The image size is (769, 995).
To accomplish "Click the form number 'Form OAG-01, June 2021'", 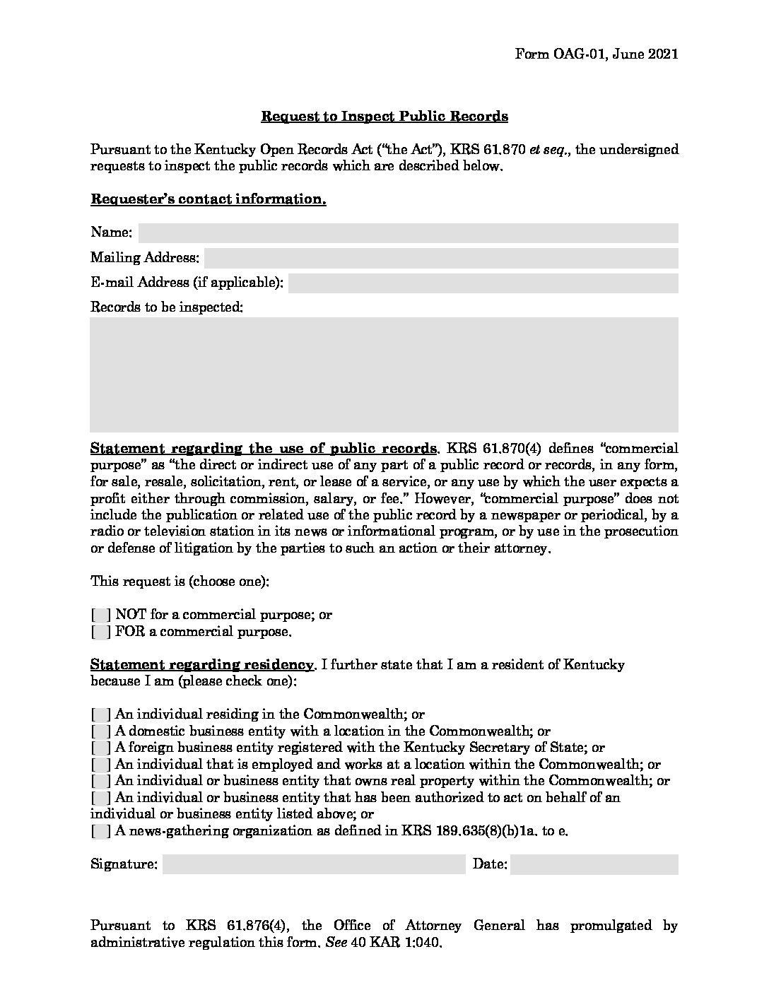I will coord(597,54).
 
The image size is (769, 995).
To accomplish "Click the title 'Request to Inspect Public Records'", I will coord(384,116).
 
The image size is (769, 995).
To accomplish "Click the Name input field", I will coord(408,232).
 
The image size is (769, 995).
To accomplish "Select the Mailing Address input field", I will coord(441,258).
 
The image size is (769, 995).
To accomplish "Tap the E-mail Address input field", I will coord(483,283).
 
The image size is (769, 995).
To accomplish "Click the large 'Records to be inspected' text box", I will coord(384,375).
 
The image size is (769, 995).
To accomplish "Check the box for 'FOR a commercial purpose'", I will coord(101,632).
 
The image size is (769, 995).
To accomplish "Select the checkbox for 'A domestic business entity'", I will coord(101,731).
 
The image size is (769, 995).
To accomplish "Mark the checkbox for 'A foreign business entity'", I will coord(101,748).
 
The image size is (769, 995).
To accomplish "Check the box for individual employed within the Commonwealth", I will coord(101,765).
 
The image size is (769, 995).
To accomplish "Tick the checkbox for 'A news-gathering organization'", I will coord(101,831).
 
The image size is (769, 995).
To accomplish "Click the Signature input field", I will coord(314,864).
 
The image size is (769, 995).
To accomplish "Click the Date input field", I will coord(594,864).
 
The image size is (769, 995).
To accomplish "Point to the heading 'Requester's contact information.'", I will coord(209,199).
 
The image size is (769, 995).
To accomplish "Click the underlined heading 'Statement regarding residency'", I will coord(202,665).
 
